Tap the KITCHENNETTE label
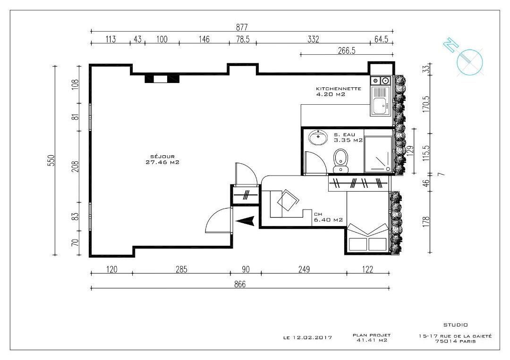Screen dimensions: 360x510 tap(339, 89)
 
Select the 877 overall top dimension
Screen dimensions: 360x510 tap(241, 27)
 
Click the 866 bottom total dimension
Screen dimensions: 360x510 tap(240, 284)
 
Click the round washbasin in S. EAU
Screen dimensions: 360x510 tap(319, 138)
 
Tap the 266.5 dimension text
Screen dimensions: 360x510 tap(346, 50)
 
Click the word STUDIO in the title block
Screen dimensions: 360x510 tap(455, 325)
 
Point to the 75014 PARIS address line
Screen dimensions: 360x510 tap(455, 342)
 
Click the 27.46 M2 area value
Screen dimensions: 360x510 tap(162, 162)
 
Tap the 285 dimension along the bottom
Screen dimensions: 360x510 tap(181, 269)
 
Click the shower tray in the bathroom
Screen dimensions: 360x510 tap(378, 153)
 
